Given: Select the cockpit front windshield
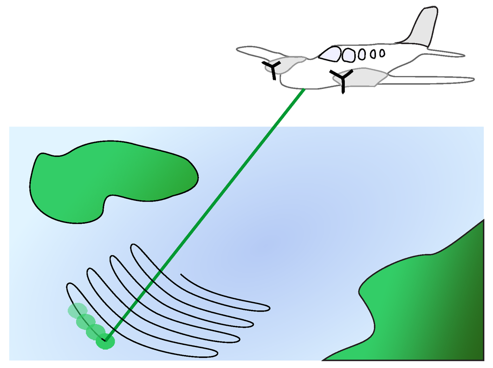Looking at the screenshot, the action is [x=330, y=54].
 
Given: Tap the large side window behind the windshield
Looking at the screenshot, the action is [x=349, y=55].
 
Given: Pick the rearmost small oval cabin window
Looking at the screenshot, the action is [x=382, y=53].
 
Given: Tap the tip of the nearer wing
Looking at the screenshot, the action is [x=469, y=80].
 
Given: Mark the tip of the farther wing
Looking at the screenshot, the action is [x=241, y=50].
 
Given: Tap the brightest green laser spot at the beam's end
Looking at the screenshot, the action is [x=105, y=342].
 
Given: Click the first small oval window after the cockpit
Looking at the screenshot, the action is [x=362, y=55].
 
